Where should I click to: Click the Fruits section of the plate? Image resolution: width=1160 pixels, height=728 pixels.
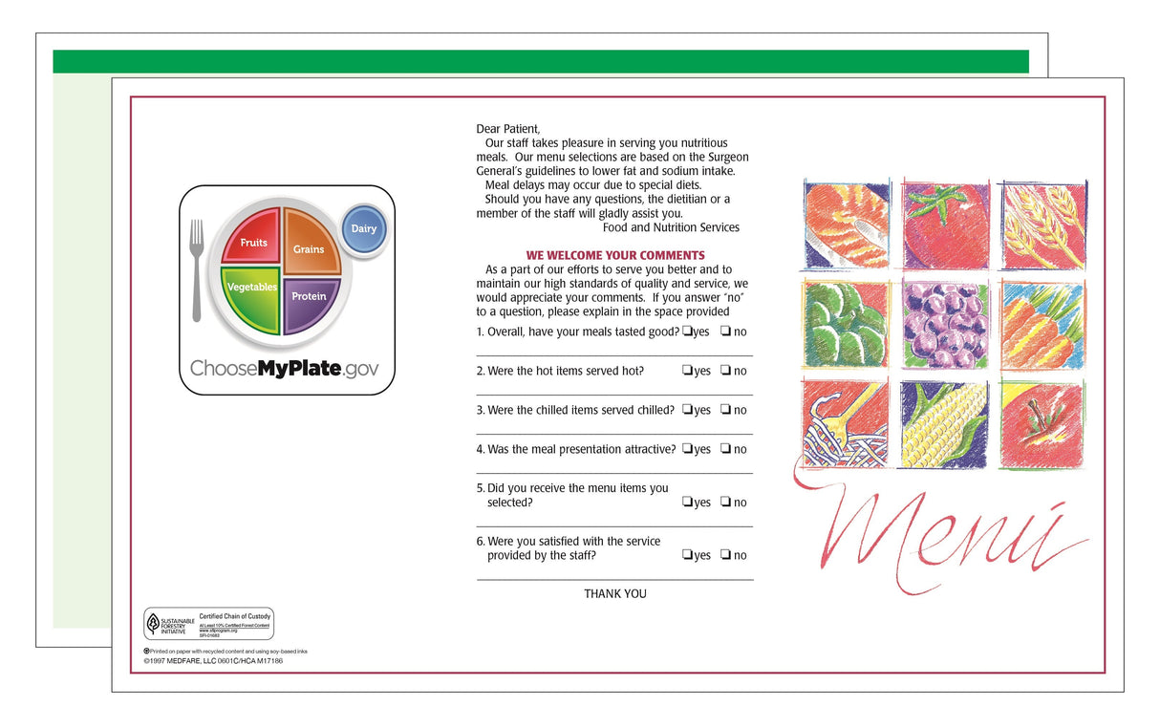click(x=252, y=238)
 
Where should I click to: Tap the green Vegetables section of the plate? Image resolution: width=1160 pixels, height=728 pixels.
click(x=251, y=291)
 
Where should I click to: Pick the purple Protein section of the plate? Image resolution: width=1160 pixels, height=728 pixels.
click(x=309, y=300)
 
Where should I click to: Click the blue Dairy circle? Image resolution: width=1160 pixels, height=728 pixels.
click(x=364, y=229)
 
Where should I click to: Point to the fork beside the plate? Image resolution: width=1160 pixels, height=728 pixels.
click(x=197, y=269)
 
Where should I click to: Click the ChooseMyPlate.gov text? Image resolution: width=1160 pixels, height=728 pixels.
click(x=284, y=369)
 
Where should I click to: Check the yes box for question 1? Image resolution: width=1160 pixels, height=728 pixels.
click(x=687, y=332)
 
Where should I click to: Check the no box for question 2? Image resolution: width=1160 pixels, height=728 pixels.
click(x=726, y=371)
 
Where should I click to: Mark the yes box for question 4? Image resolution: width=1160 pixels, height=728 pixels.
click(x=687, y=449)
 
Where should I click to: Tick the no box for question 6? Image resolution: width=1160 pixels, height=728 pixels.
click(x=726, y=555)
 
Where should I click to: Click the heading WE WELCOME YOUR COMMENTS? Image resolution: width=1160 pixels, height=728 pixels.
click(x=614, y=255)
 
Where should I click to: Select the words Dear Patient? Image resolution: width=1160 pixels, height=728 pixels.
click(x=507, y=129)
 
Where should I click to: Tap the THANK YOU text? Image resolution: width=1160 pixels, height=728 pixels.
click(x=614, y=593)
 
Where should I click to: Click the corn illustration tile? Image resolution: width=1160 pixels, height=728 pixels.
click(x=944, y=425)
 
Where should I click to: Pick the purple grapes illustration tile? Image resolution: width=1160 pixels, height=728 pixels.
click(x=944, y=324)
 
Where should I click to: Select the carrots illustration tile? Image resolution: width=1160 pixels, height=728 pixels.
click(x=1042, y=324)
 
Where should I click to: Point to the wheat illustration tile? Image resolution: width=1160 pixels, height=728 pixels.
click(x=1042, y=225)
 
